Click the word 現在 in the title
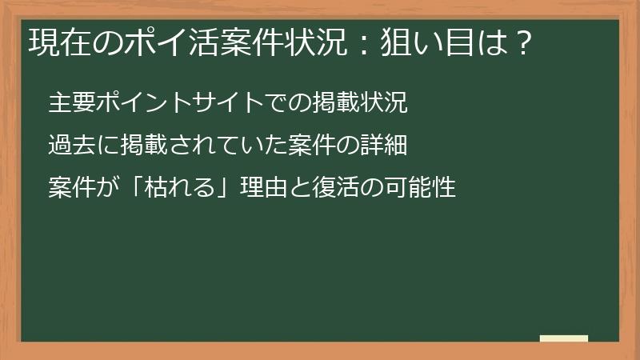pos(55,42)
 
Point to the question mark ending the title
pos(521,42)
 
